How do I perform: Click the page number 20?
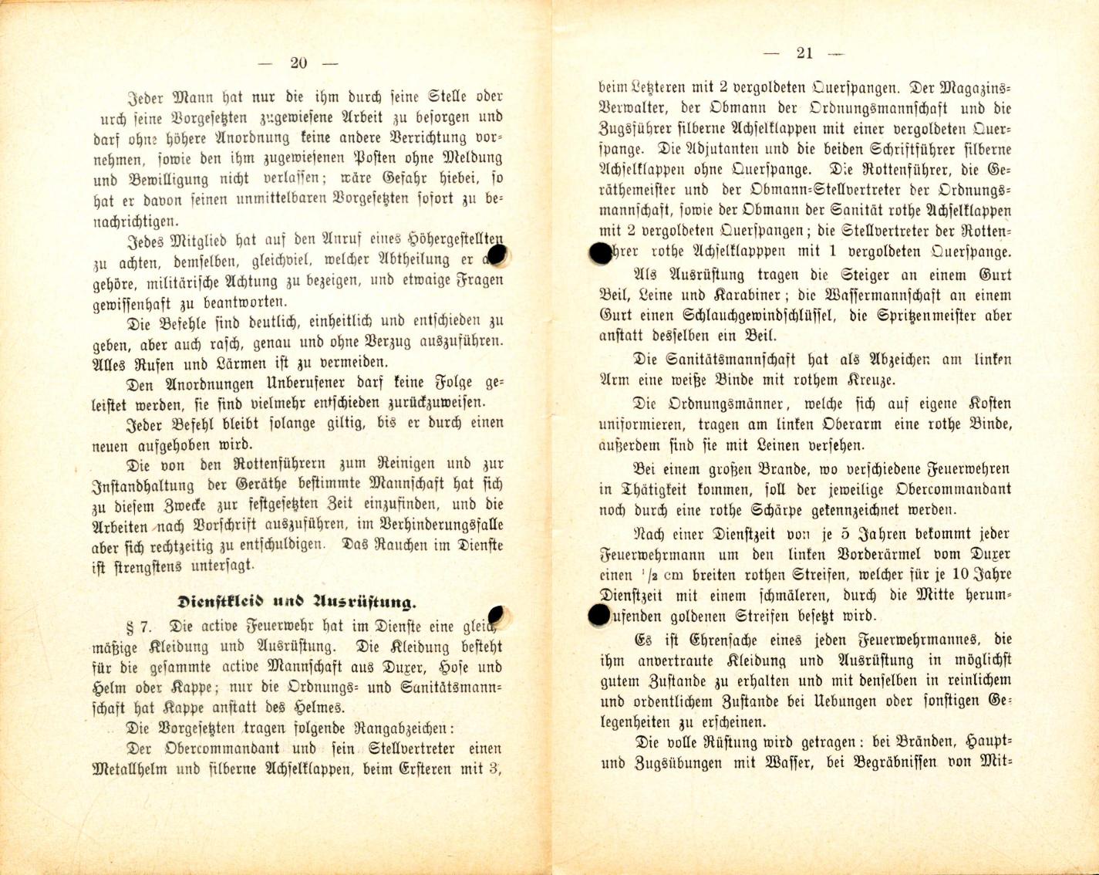point(298,63)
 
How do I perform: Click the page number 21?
point(804,53)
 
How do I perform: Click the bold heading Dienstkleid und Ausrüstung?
point(297,602)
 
